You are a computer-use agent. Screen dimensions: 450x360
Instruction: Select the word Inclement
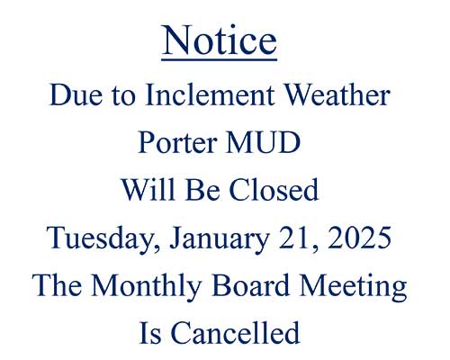pyautogui.click(x=210, y=94)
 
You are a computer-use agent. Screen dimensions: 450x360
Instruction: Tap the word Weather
pyautogui.click(x=337, y=94)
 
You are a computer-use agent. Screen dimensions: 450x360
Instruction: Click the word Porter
pyautogui.click(x=177, y=142)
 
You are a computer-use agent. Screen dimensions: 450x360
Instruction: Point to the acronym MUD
pyautogui.click(x=264, y=142)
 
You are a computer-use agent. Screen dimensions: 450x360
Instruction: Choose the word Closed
pyautogui.click(x=274, y=190)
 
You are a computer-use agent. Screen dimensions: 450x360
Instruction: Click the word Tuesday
pyautogui.click(x=103, y=238)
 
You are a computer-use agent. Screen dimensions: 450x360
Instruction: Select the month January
pyautogui.click(x=220, y=238)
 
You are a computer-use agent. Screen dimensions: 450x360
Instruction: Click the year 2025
pyautogui.click(x=360, y=238)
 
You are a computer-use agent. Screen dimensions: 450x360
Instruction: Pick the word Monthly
pyautogui.click(x=146, y=286)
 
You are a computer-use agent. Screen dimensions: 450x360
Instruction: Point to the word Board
pyautogui.click(x=251, y=285)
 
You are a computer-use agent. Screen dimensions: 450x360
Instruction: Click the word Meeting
pyautogui.click(x=354, y=286)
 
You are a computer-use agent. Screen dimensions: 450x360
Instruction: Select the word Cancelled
pyautogui.click(x=236, y=333)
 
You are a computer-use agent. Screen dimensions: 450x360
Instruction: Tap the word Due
pyautogui.click(x=76, y=94)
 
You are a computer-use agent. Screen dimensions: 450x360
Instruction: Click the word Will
pyautogui.click(x=148, y=190)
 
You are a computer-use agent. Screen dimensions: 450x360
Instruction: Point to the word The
pyautogui.click(x=57, y=285)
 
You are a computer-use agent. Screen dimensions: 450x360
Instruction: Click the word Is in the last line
pyautogui.click(x=150, y=333)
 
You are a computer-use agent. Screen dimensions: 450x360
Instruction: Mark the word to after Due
pyautogui.click(x=123, y=96)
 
